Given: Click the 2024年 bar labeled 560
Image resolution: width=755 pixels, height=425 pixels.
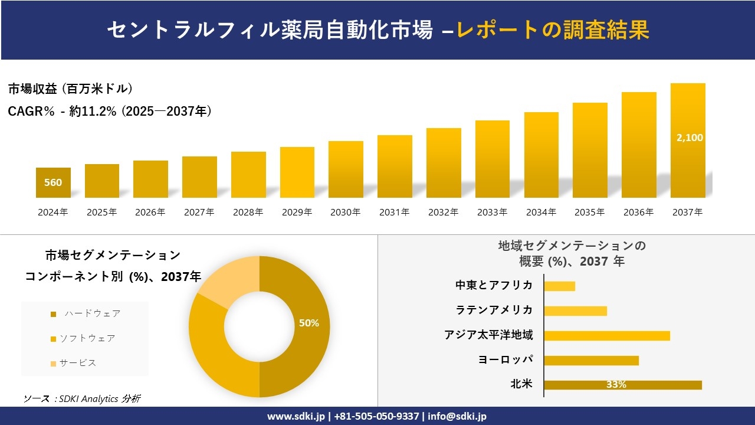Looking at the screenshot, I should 53,182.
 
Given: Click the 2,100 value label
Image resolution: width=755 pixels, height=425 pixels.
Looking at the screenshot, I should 690,138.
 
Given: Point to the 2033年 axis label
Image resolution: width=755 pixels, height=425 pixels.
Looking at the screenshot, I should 492,212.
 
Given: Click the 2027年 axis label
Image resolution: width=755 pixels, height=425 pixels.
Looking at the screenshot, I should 199,212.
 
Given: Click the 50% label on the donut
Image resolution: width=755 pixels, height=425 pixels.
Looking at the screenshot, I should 309,323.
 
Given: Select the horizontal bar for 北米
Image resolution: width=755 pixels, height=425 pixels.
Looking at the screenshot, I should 622,385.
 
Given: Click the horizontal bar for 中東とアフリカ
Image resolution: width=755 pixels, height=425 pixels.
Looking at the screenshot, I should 559,286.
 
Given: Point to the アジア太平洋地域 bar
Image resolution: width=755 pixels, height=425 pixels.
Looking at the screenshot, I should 606,335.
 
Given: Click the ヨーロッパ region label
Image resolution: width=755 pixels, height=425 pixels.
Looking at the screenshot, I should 505,359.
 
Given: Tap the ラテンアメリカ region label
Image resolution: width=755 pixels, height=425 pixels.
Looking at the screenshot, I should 494,310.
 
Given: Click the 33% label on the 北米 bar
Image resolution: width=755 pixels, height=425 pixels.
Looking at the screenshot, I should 616,385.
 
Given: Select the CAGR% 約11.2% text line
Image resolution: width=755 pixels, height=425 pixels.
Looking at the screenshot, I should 110,111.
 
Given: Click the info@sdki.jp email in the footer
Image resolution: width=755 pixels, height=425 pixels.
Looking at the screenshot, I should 457,416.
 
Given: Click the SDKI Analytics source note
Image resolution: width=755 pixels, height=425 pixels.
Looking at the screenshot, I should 82,399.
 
